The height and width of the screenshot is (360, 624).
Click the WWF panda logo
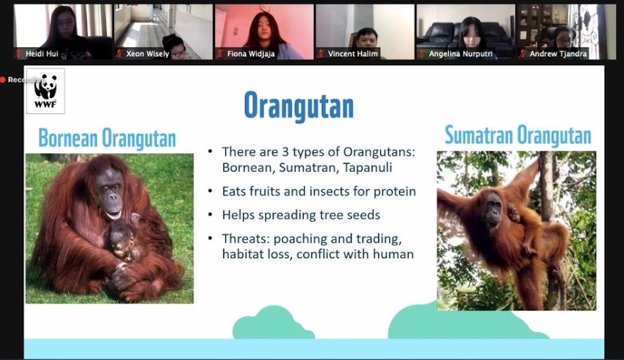click(x=45, y=91)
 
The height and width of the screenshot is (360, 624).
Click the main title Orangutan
click(x=299, y=106)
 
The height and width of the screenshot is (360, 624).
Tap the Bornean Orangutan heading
click(x=107, y=138)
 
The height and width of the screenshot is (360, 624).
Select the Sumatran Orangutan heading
click(x=518, y=135)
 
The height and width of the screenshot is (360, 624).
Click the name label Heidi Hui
click(x=42, y=54)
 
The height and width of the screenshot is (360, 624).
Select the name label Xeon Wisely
click(x=147, y=54)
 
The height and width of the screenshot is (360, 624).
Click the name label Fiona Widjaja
click(x=250, y=54)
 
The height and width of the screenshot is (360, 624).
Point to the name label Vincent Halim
click(x=353, y=54)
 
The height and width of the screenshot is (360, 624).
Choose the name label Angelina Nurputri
click(x=461, y=54)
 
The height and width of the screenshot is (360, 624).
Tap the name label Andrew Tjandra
click(x=558, y=54)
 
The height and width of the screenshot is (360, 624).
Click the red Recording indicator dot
click(x=3, y=80)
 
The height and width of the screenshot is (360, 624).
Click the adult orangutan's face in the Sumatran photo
click(x=494, y=208)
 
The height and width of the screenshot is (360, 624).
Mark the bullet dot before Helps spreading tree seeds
click(x=210, y=215)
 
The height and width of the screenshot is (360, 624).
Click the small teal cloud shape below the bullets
click(x=274, y=323)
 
